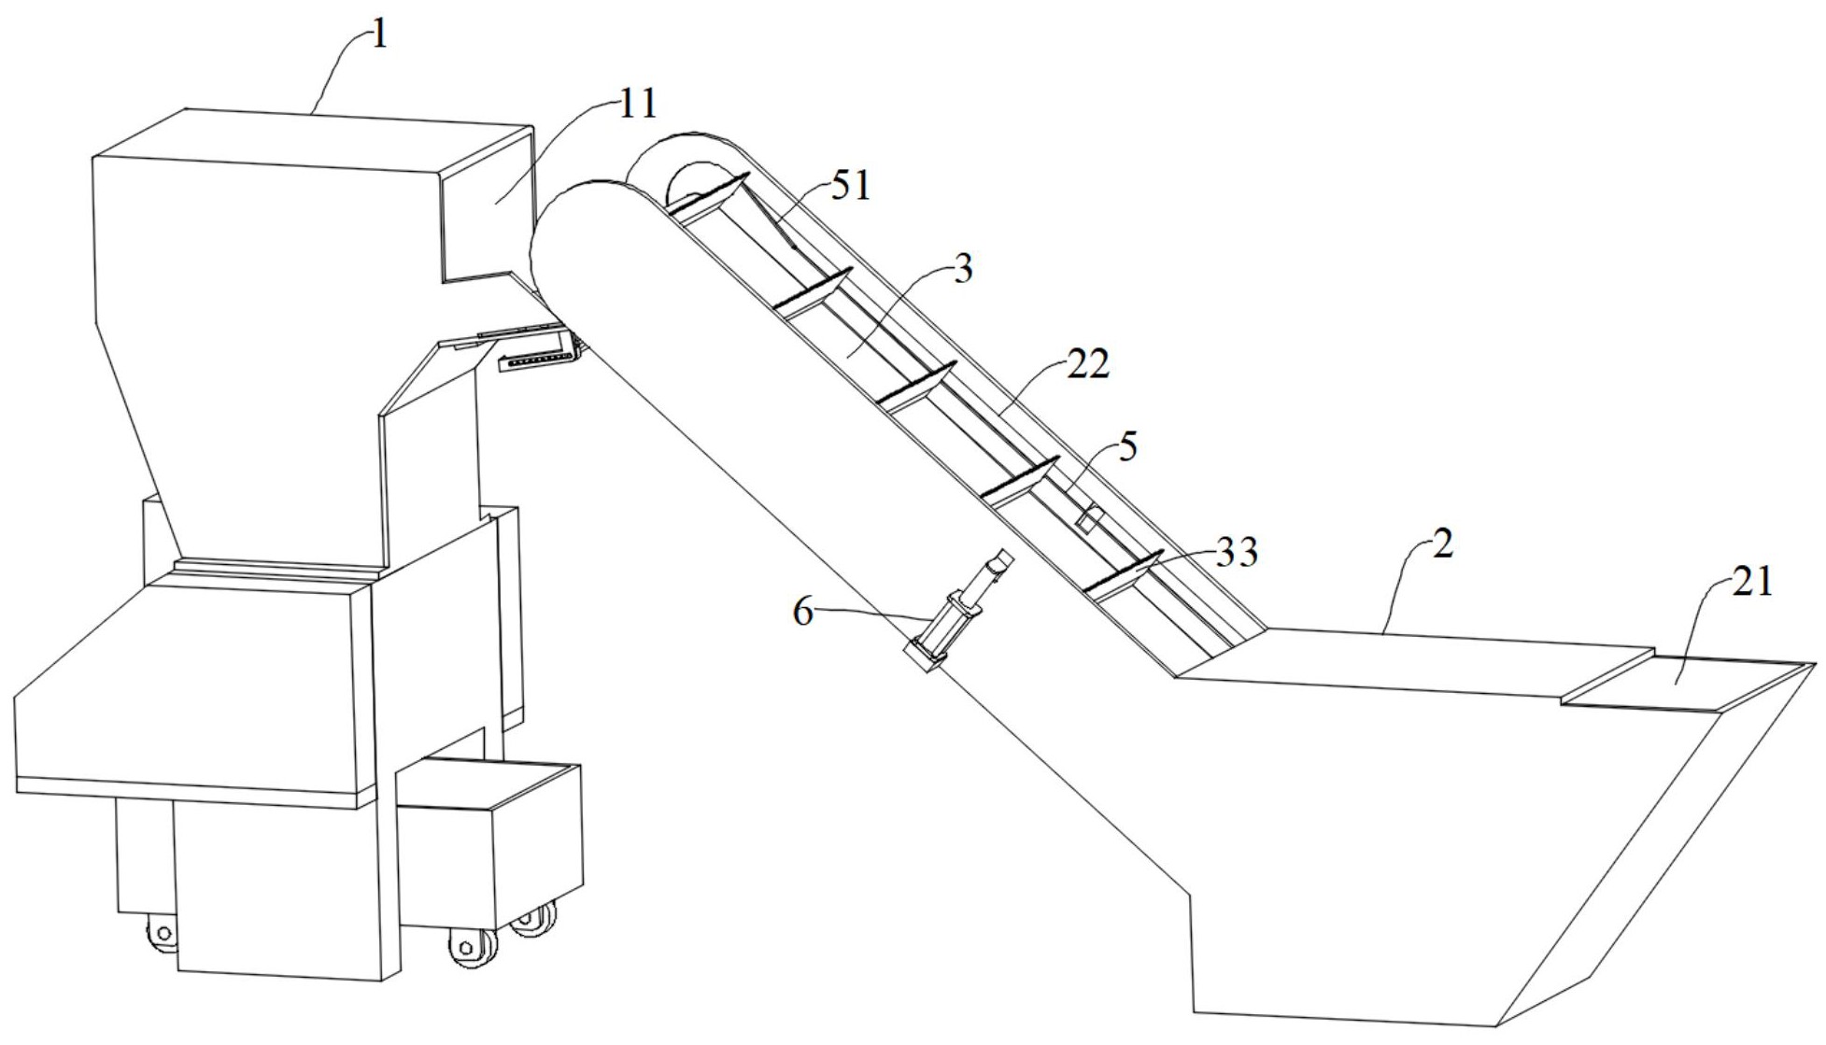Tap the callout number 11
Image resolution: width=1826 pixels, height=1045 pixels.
(639, 105)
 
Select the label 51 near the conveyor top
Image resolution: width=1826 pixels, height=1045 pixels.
(849, 186)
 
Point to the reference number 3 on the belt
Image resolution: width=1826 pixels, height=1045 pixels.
(963, 269)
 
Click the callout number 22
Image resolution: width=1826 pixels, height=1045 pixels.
(1087, 363)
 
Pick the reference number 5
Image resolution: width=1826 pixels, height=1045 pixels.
(1128, 447)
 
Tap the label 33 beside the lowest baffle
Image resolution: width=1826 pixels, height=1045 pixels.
(1238, 553)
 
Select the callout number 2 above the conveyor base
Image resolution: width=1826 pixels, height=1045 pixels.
(1443, 544)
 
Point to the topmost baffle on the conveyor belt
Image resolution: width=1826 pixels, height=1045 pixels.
(710, 197)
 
